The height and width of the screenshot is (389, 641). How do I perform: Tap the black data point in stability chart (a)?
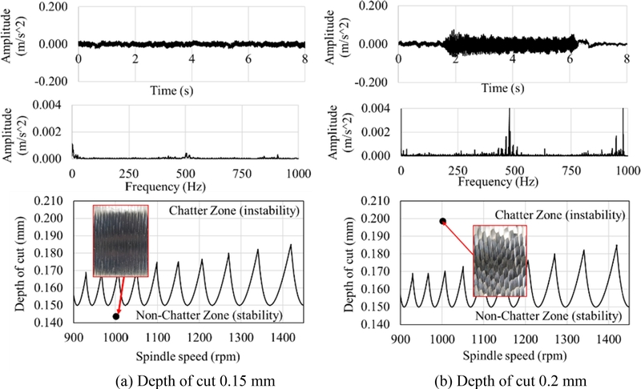116,316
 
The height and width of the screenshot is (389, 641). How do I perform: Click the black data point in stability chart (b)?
442,221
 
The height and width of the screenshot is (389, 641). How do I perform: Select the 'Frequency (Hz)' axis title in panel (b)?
514,182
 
